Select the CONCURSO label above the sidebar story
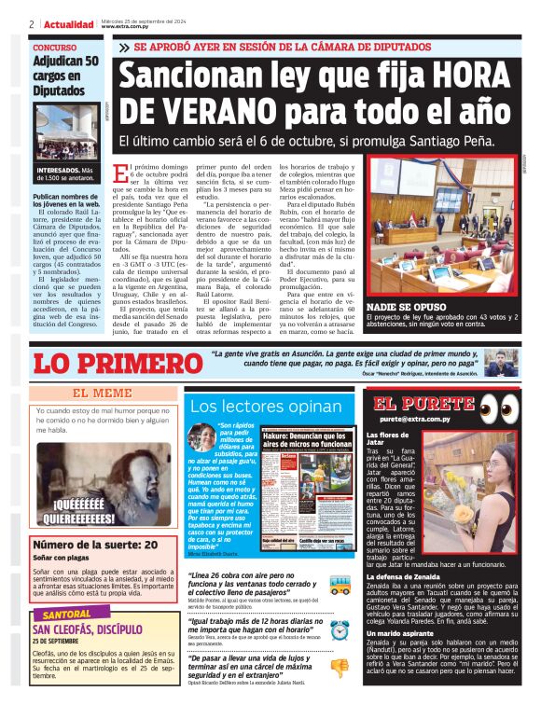pos(55,48)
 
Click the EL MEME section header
pos(103,393)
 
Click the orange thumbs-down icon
pos(340,667)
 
